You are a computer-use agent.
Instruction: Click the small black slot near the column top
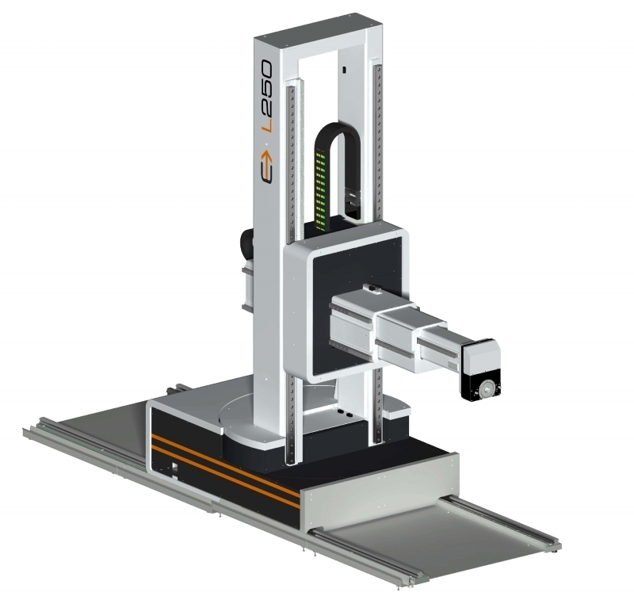coord(344,70)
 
